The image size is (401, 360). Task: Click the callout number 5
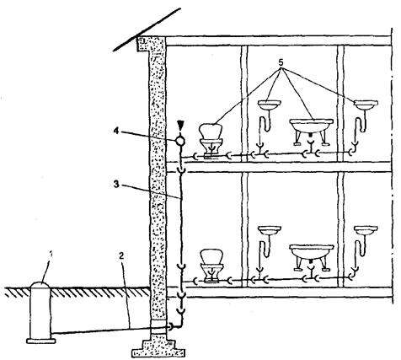[281, 62]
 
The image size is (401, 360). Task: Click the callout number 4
[116, 131]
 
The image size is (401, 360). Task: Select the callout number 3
[116, 185]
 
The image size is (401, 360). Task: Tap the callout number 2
[121, 255]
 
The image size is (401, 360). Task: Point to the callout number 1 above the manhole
[51, 255]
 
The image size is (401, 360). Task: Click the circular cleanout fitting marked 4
[180, 141]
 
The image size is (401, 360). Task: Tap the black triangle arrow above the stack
[180, 125]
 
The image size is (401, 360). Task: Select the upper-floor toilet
[211, 141]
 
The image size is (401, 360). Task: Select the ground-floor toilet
[211, 266]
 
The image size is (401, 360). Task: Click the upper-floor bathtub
[311, 132]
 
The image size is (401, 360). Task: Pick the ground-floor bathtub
[312, 257]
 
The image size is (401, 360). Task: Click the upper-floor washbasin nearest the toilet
[269, 105]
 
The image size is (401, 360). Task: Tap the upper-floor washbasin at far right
[366, 105]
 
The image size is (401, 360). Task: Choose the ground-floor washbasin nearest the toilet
[269, 231]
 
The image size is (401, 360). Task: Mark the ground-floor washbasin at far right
[366, 231]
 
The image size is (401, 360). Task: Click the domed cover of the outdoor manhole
[40, 285]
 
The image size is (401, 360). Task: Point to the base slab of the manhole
[41, 341]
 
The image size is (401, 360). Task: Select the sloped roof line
[147, 30]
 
